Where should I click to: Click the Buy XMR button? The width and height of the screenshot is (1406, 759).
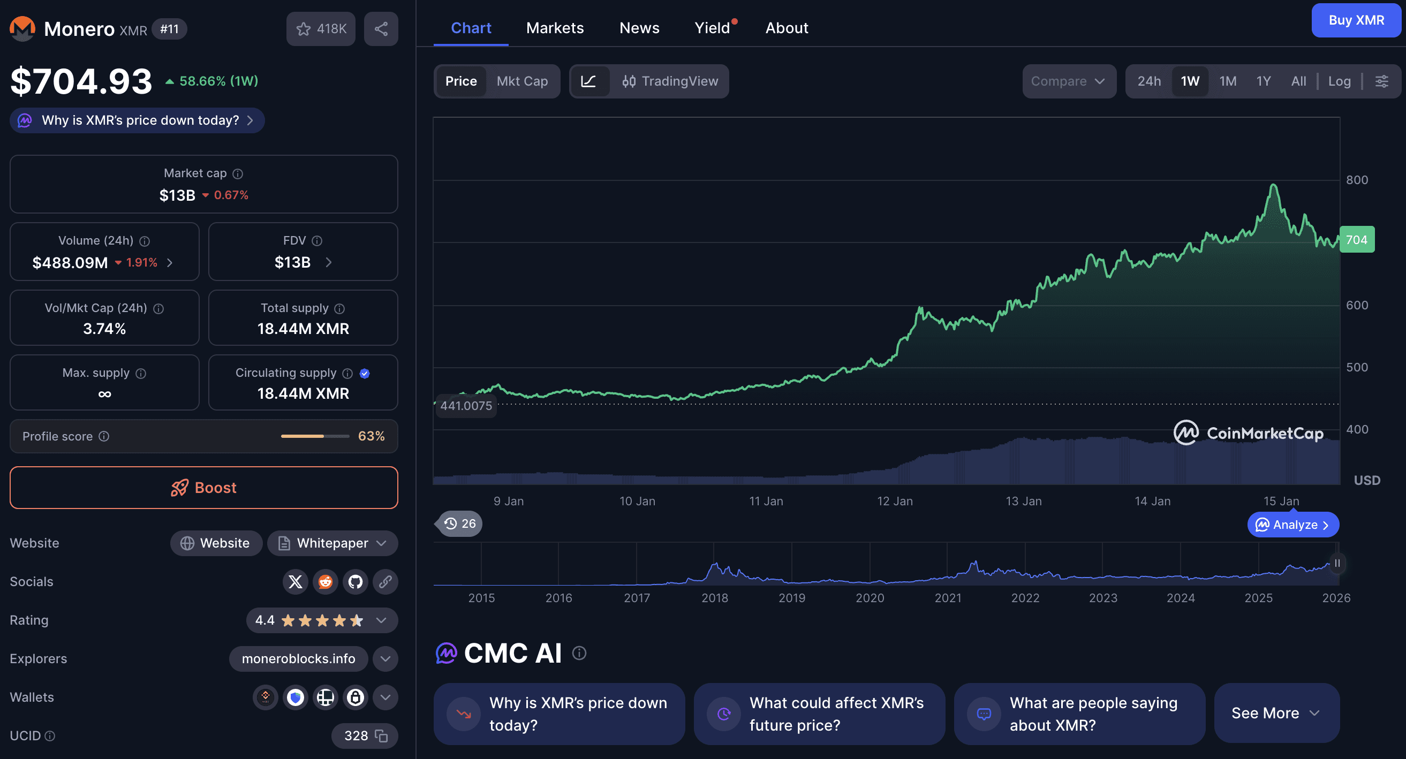pos(1356,20)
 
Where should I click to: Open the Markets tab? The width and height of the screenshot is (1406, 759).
pos(555,28)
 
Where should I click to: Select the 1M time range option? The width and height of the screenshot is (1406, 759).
pos(1228,81)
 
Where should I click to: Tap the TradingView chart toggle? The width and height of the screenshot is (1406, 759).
pos(670,81)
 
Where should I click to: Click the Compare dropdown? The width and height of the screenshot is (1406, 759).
pos(1068,81)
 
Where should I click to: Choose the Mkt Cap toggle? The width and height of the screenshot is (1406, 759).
pos(522,81)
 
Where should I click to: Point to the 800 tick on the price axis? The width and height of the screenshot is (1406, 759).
pos(1356,180)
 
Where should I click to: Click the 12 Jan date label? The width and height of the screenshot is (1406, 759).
pos(895,501)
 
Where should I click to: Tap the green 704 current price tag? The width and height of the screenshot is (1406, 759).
pos(1356,240)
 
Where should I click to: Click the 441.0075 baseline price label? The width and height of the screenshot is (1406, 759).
pos(466,406)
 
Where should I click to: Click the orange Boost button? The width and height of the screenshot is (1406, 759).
pos(203,487)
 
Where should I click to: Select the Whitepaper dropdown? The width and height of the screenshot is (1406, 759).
pos(332,543)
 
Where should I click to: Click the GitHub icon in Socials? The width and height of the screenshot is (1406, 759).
pos(356,582)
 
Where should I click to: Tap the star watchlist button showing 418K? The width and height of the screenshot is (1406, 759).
pos(320,29)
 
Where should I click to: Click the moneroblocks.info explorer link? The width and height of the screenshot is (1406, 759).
pos(298,658)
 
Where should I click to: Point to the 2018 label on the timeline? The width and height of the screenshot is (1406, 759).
pos(714,598)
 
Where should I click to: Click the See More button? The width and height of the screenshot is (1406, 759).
pos(1275,713)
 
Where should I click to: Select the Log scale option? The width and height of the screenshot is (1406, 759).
pos(1339,81)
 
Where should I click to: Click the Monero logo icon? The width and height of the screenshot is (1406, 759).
pos(22,29)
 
